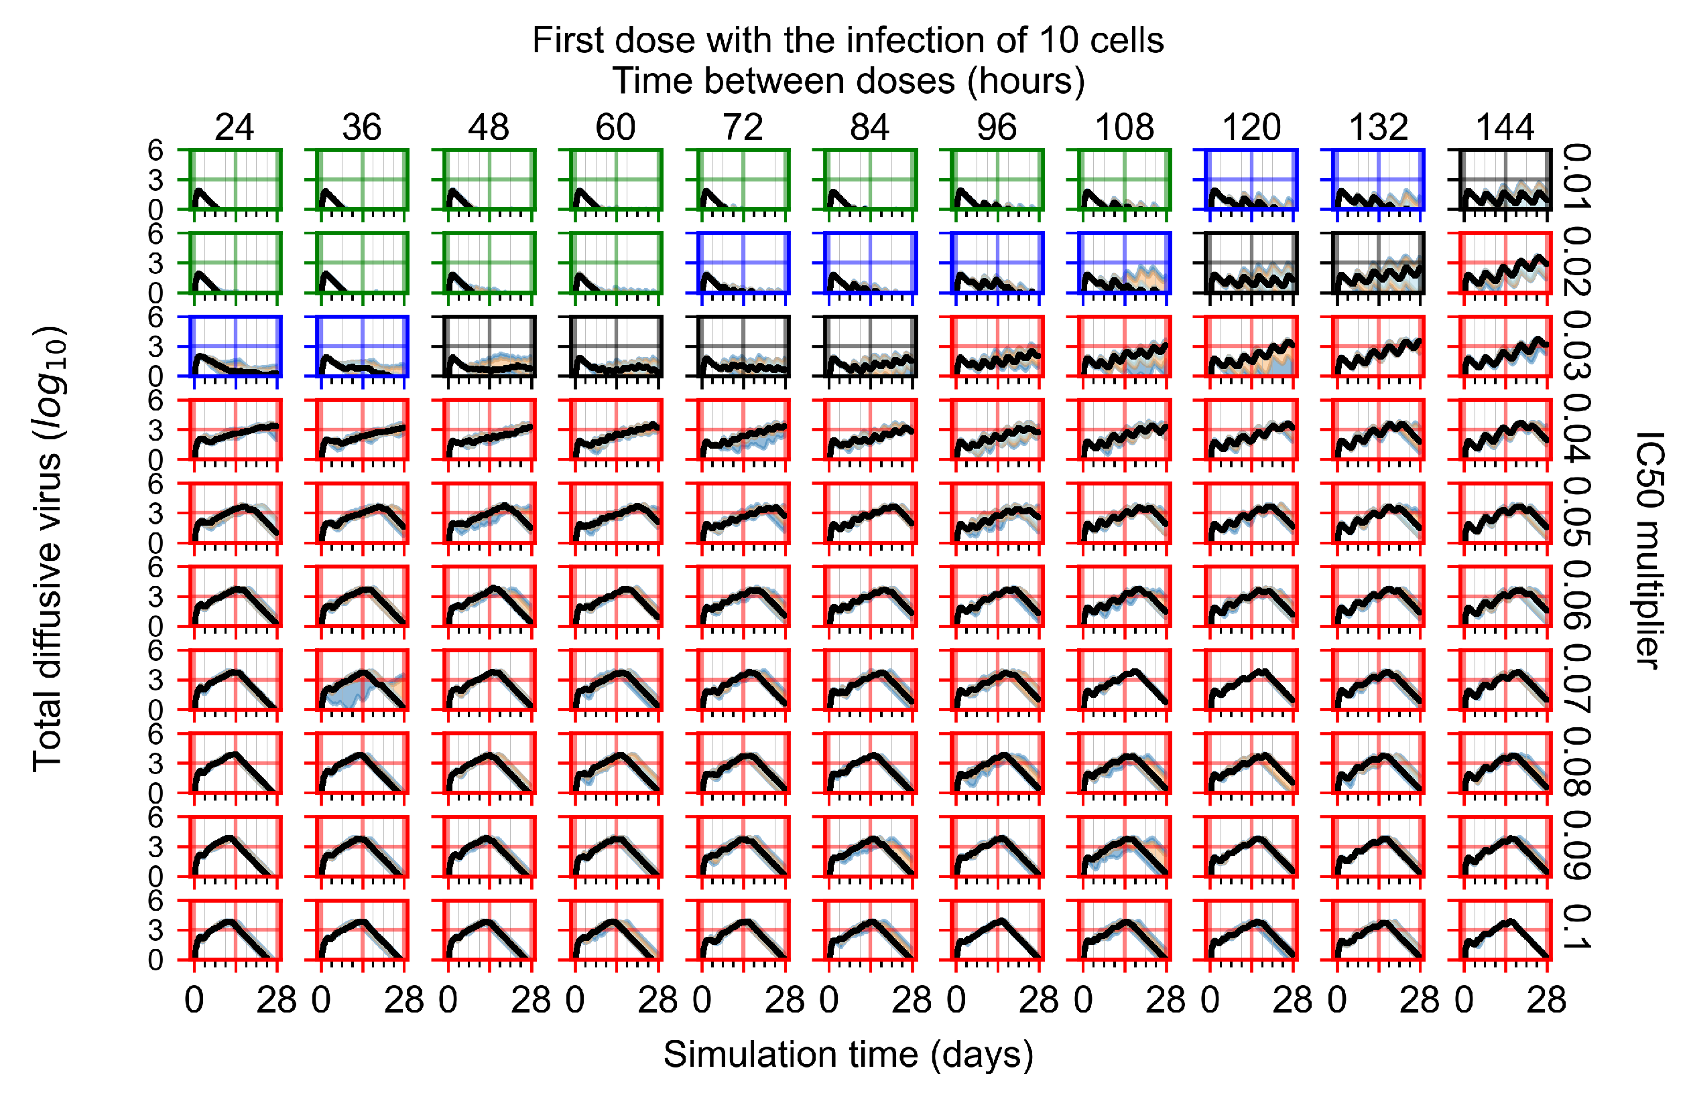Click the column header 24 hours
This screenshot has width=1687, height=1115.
pos(234,128)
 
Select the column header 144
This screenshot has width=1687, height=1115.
pos(1505,128)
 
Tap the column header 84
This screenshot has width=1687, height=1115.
pos(869,128)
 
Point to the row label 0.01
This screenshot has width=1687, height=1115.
pos(1576,177)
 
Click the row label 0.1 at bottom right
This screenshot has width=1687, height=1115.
pos(1576,929)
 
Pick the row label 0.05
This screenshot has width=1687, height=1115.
pos(1576,512)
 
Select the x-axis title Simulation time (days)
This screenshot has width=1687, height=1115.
pos(848,1055)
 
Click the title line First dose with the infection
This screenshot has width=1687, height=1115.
pos(848,41)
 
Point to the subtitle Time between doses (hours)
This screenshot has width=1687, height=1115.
pos(848,81)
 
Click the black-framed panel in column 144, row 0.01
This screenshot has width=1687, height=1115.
pos(1505,180)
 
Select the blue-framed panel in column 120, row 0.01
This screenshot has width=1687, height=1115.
pos(1251,180)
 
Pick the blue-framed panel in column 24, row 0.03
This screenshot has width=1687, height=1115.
pos(235,346)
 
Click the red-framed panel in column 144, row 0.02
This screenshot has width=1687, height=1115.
pos(1505,263)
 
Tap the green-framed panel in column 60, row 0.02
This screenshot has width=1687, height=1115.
pos(616,263)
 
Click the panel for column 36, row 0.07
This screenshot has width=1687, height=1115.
pos(361,680)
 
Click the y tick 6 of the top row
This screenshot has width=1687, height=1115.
pos(155,150)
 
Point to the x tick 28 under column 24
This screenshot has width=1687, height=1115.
pos(277,1000)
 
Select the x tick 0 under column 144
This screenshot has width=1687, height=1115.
pos(1464,1000)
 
